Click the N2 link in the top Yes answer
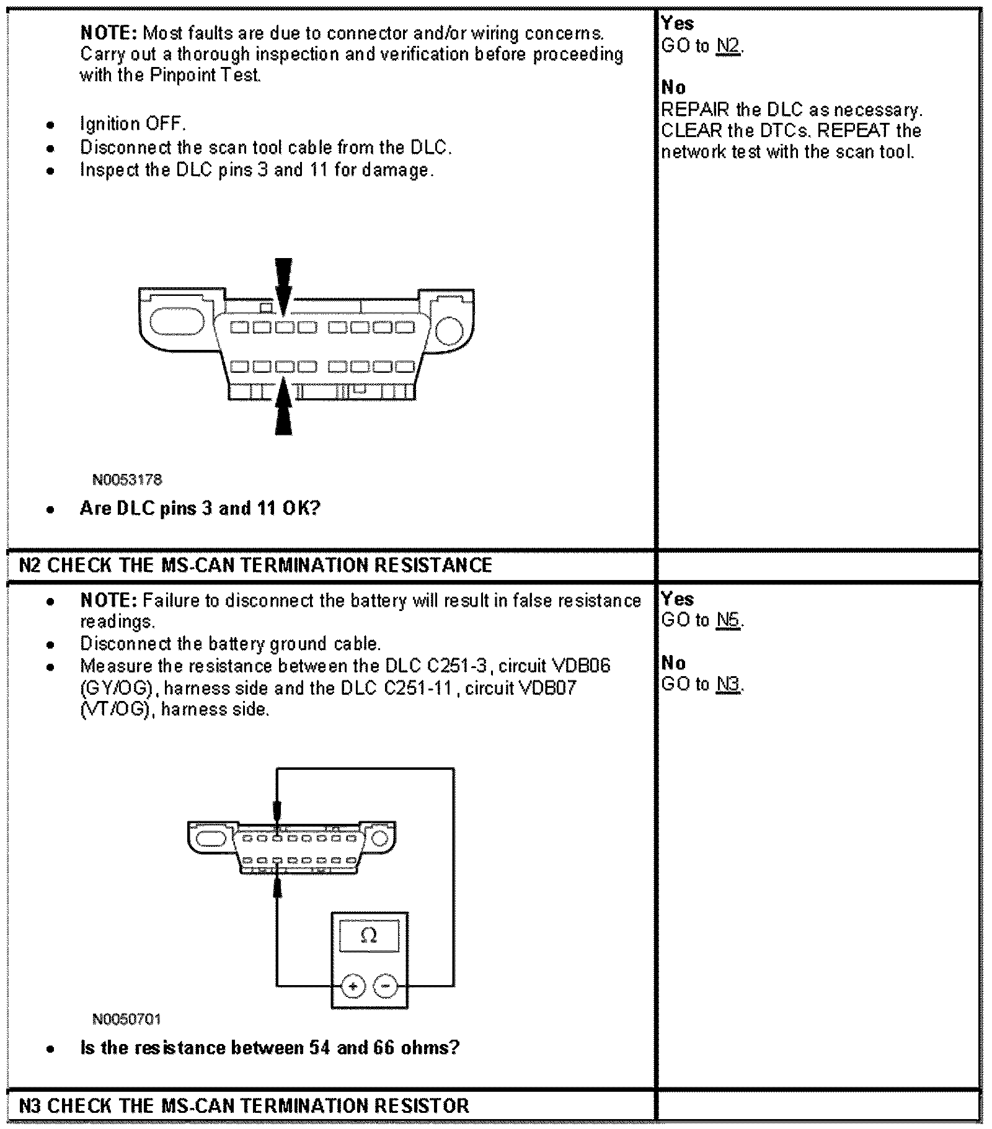(x=728, y=47)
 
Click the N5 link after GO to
(x=728, y=620)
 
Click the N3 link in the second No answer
(x=728, y=684)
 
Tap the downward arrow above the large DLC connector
(x=283, y=285)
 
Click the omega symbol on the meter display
(x=369, y=935)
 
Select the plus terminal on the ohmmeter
(x=353, y=986)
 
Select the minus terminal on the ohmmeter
(x=386, y=986)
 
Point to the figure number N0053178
(x=127, y=480)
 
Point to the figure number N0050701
(x=126, y=1019)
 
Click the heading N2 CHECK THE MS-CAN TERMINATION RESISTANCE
(x=255, y=565)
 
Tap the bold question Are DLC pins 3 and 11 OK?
(x=200, y=509)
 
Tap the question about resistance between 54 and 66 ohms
(x=270, y=1048)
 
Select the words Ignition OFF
(x=133, y=124)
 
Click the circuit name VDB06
(x=581, y=666)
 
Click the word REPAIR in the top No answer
(x=695, y=110)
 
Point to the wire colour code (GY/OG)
(x=117, y=688)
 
